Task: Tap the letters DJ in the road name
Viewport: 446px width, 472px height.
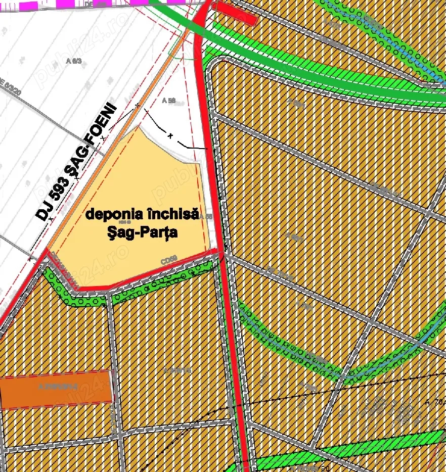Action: click(x=43, y=208)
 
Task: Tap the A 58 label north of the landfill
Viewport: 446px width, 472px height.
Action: click(x=169, y=101)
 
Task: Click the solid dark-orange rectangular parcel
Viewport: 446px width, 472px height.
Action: click(x=56, y=388)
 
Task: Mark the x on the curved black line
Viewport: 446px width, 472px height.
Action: click(x=170, y=136)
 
